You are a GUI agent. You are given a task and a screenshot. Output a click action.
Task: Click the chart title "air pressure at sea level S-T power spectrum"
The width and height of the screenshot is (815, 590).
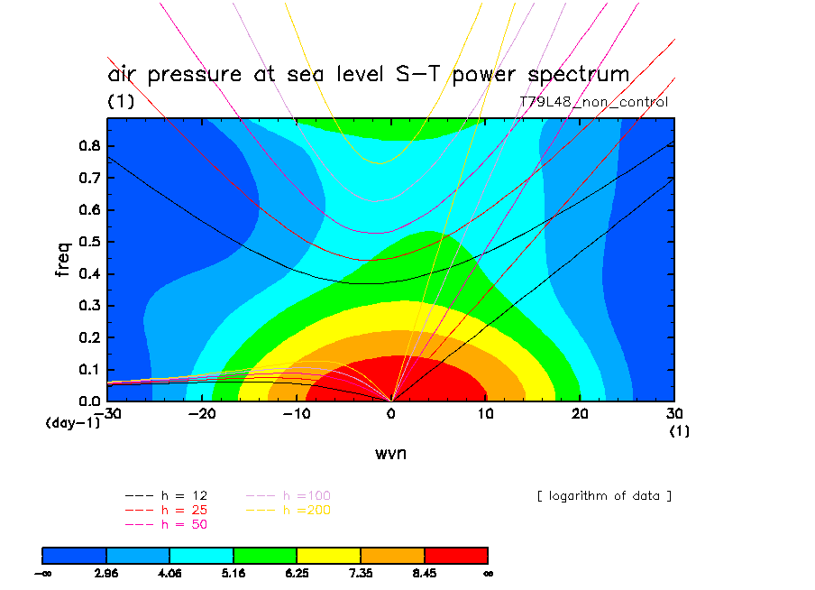pyautogui.click(x=368, y=74)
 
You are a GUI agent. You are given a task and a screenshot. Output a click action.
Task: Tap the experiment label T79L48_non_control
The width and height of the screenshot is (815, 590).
pyautogui.click(x=594, y=102)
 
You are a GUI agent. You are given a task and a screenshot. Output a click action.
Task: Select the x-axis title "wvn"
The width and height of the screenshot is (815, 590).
pyautogui.click(x=390, y=453)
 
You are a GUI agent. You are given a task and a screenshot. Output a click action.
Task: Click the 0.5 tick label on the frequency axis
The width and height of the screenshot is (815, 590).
pyautogui.click(x=89, y=242)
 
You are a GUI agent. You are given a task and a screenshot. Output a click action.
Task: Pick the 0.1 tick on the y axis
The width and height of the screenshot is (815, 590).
pyautogui.click(x=89, y=369)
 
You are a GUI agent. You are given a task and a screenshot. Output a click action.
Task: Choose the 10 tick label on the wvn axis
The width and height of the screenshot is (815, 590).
pyautogui.click(x=486, y=413)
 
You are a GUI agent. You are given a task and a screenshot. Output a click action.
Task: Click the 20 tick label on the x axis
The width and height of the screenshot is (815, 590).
pyautogui.click(x=581, y=413)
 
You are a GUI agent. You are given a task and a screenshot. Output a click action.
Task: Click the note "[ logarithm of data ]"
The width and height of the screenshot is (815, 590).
pyautogui.click(x=604, y=496)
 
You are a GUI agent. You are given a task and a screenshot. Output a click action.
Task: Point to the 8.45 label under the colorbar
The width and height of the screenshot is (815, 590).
pyautogui.click(x=425, y=572)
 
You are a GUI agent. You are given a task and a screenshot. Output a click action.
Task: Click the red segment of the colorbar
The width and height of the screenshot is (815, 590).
pyautogui.click(x=456, y=555)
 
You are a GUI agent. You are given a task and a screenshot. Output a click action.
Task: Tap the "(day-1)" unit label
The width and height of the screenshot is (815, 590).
pyautogui.click(x=72, y=422)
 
